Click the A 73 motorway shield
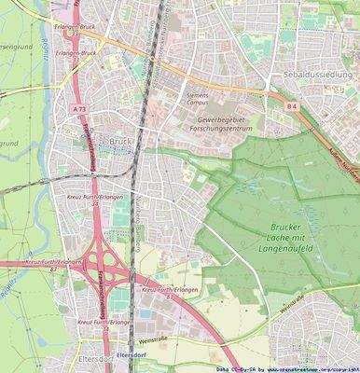76,110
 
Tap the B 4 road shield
292,107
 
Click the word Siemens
199,95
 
